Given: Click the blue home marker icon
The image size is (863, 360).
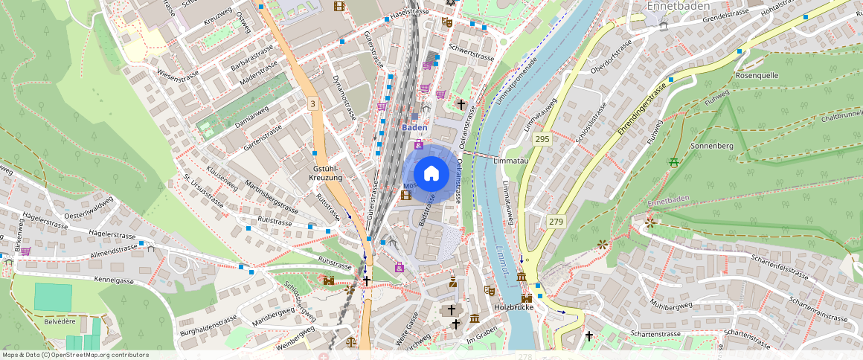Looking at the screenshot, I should click(x=431, y=174).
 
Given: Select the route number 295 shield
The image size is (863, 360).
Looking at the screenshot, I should click(x=542, y=139).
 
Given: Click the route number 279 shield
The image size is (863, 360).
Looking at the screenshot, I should click(x=555, y=222).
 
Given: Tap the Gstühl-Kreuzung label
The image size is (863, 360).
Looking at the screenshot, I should click(x=327, y=173).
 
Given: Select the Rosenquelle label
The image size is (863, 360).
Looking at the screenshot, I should click(x=757, y=76).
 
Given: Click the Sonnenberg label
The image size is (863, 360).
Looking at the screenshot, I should click(x=712, y=147).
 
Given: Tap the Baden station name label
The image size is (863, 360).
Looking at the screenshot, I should click(x=414, y=127).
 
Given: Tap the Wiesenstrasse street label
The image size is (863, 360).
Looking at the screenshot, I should click(x=182, y=74).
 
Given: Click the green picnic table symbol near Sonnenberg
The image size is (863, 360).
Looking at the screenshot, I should click(x=675, y=162).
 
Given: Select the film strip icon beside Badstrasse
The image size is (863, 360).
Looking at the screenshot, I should click(x=405, y=196).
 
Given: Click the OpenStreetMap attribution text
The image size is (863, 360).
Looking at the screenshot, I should click(x=75, y=355).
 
